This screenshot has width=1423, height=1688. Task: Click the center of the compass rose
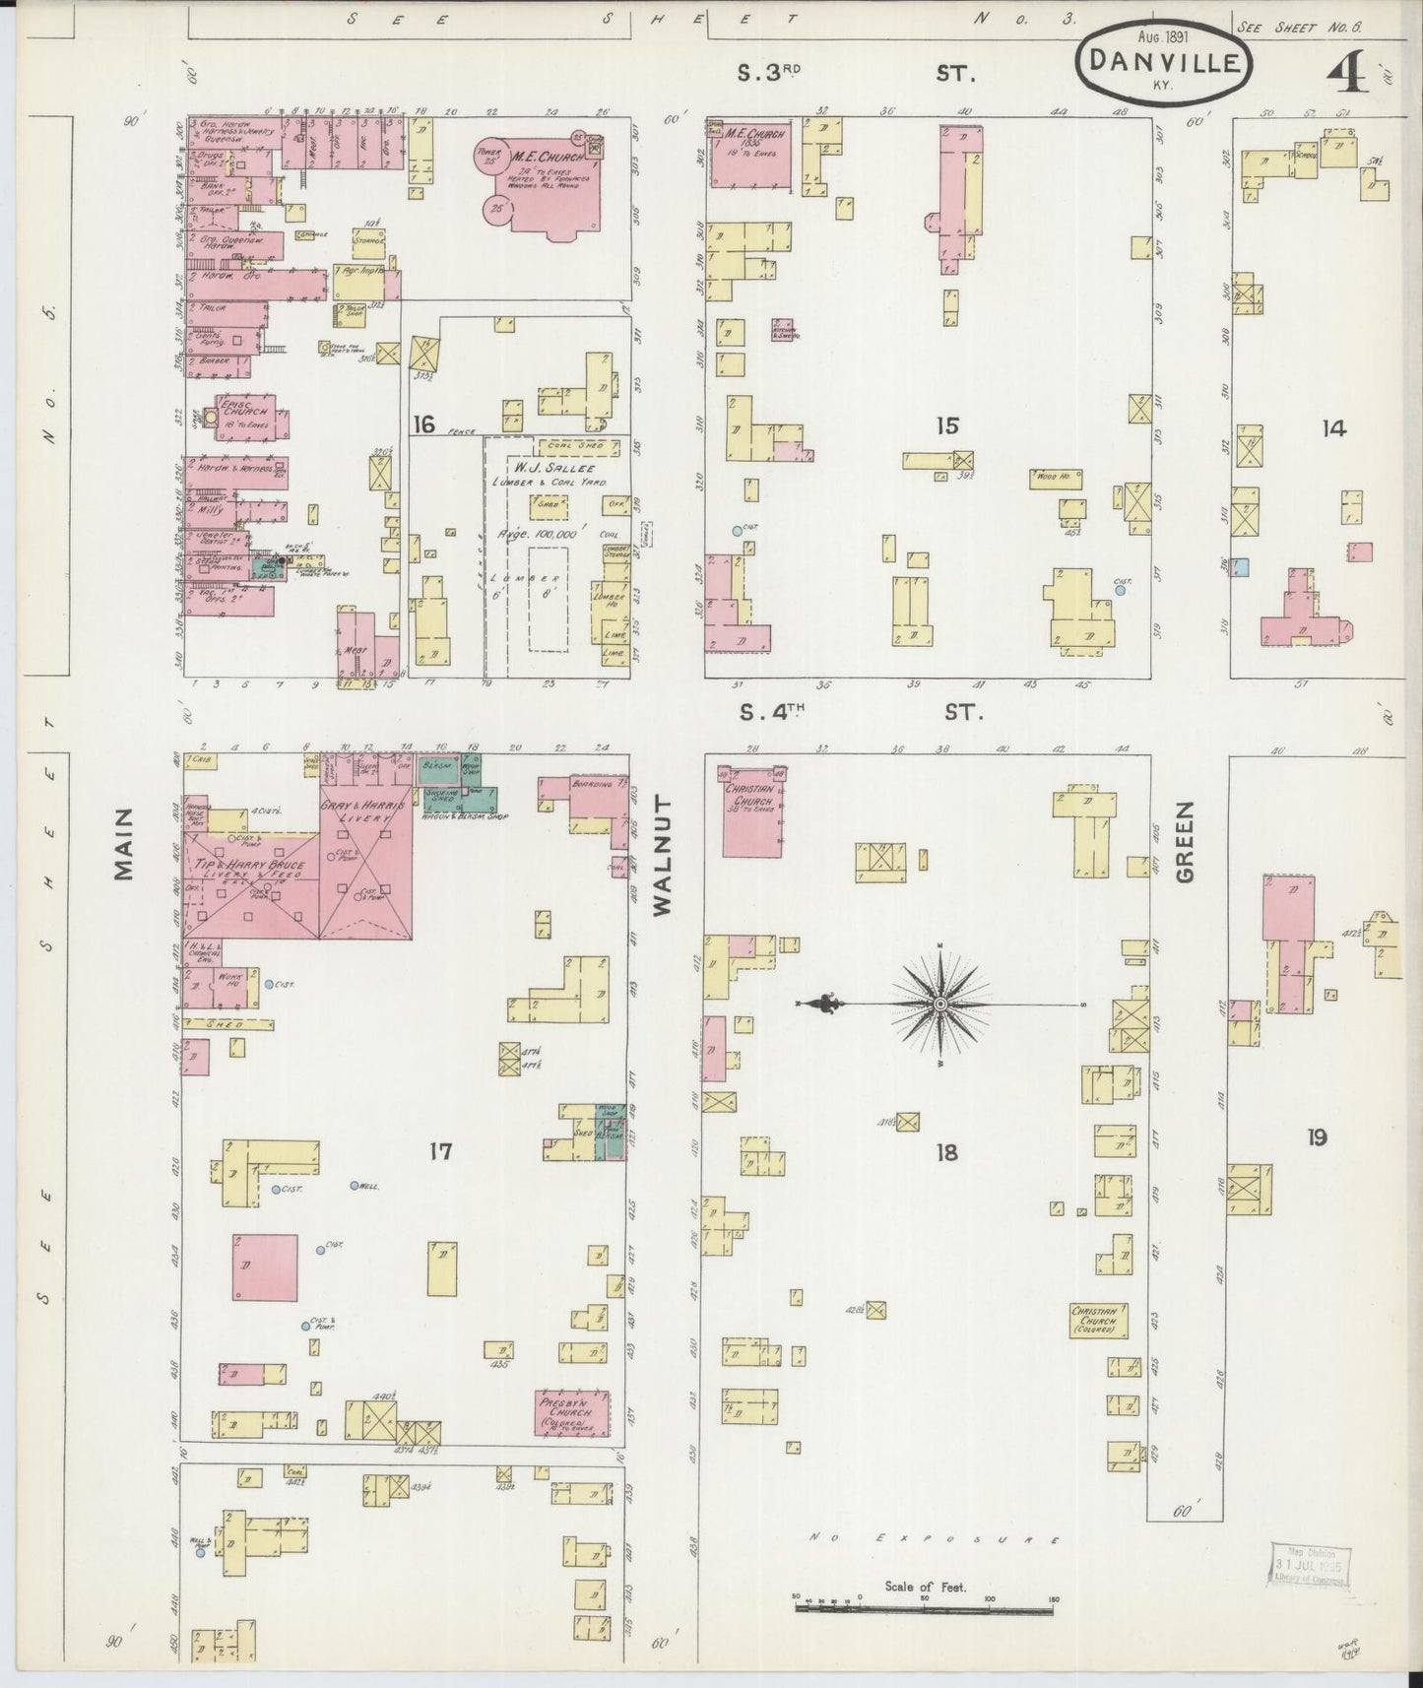pyautogui.click(x=940, y=1004)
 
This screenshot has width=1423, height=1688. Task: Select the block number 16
pyautogui.click(x=423, y=425)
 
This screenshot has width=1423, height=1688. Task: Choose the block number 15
pyautogui.click(x=947, y=425)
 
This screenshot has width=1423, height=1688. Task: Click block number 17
pyautogui.click(x=440, y=1149)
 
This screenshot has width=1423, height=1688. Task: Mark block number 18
pyautogui.click(x=946, y=1151)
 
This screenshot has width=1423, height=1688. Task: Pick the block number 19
pyautogui.click(x=1317, y=1138)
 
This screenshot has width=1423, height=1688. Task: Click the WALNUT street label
pyautogui.click(x=661, y=858)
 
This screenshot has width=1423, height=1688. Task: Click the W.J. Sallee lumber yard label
pyautogui.click(x=557, y=472)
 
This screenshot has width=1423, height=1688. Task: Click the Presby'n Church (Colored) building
pyautogui.click(x=572, y=1413)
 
